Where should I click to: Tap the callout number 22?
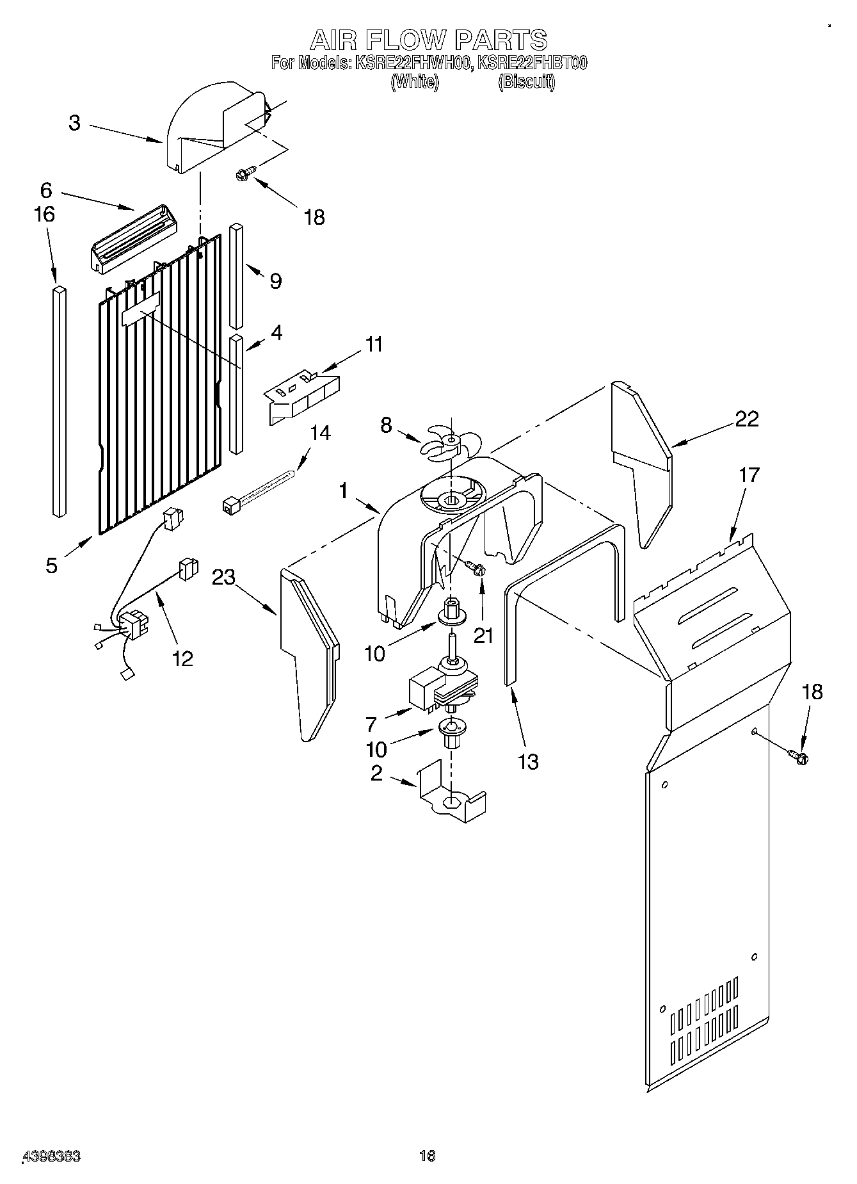click(746, 419)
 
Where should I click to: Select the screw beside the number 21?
click(476, 567)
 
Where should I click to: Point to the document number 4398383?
click(51, 1156)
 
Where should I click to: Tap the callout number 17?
click(749, 475)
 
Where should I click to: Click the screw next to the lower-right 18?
click(799, 757)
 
